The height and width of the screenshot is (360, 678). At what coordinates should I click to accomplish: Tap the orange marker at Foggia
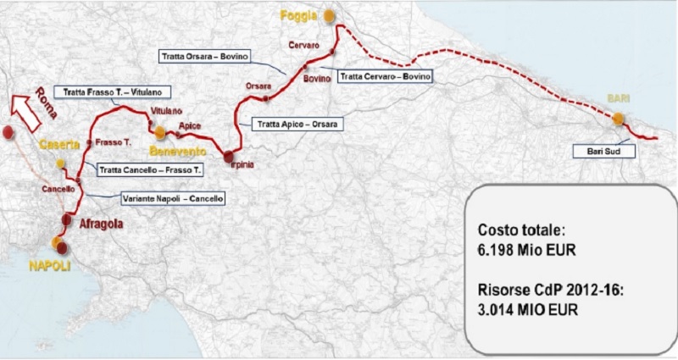click(x=325, y=16)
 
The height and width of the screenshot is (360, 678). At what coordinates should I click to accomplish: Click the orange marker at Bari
click(x=620, y=119)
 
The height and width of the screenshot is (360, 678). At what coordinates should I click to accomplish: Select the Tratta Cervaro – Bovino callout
click(x=386, y=76)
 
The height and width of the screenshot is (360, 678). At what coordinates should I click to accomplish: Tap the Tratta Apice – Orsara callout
click(x=297, y=125)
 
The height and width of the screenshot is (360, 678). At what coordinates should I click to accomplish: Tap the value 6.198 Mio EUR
click(x=529, y=252)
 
